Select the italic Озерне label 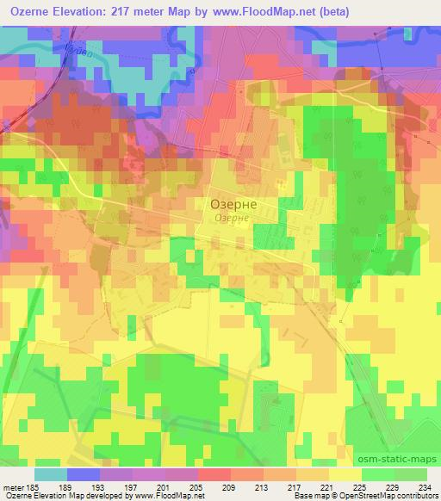coord(232,218)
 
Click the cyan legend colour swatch coord(51,474)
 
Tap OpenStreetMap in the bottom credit coord(369,497)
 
